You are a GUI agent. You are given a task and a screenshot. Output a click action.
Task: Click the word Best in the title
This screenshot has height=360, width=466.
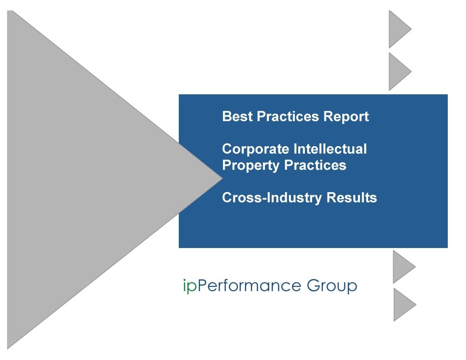[238, 117]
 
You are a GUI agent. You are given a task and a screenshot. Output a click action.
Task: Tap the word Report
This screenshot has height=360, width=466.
[346, 117]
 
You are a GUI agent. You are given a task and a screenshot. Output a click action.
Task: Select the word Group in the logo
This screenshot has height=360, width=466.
[332, 286]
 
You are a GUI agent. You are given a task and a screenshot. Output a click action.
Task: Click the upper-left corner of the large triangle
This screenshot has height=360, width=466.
[9, 11]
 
